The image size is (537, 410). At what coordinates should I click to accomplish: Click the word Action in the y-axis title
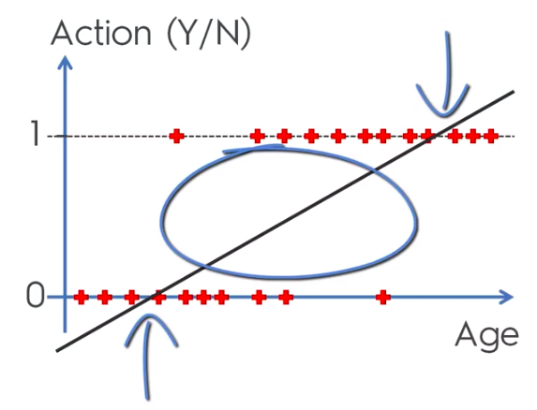click(x=100, y=33)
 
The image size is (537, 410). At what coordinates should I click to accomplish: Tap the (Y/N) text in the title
click(x=209, y=35)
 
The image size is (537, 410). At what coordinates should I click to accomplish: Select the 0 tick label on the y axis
click(x=36, y=296)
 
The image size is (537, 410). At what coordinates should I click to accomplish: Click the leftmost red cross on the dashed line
click(x=177, y=136)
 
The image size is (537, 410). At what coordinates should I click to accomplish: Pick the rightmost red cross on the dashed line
click(x=491, y=136)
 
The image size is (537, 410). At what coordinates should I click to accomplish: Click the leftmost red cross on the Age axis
click(x=82, y=297)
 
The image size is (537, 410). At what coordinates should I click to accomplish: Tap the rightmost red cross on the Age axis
click(x=383, y=297)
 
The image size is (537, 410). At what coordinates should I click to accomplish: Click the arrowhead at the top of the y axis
click(x=65, y=64)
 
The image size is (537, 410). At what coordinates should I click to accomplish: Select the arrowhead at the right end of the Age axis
click(x=506, y=297)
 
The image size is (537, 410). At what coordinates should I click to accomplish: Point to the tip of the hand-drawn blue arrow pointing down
click(x=444, y=115)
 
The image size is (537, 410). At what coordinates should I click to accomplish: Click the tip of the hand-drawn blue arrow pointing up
click(x=149, y=315)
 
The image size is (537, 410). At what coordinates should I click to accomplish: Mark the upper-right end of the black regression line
click(x=514, y=92)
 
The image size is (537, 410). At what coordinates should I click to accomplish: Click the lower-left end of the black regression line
click(x=57, y=350)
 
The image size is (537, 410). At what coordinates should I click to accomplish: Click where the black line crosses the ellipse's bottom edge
click(x=204, y=266)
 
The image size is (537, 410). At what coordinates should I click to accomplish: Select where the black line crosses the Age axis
click(x=150, y=297)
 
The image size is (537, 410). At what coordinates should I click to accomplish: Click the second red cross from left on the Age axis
click(x=105, y=297)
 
